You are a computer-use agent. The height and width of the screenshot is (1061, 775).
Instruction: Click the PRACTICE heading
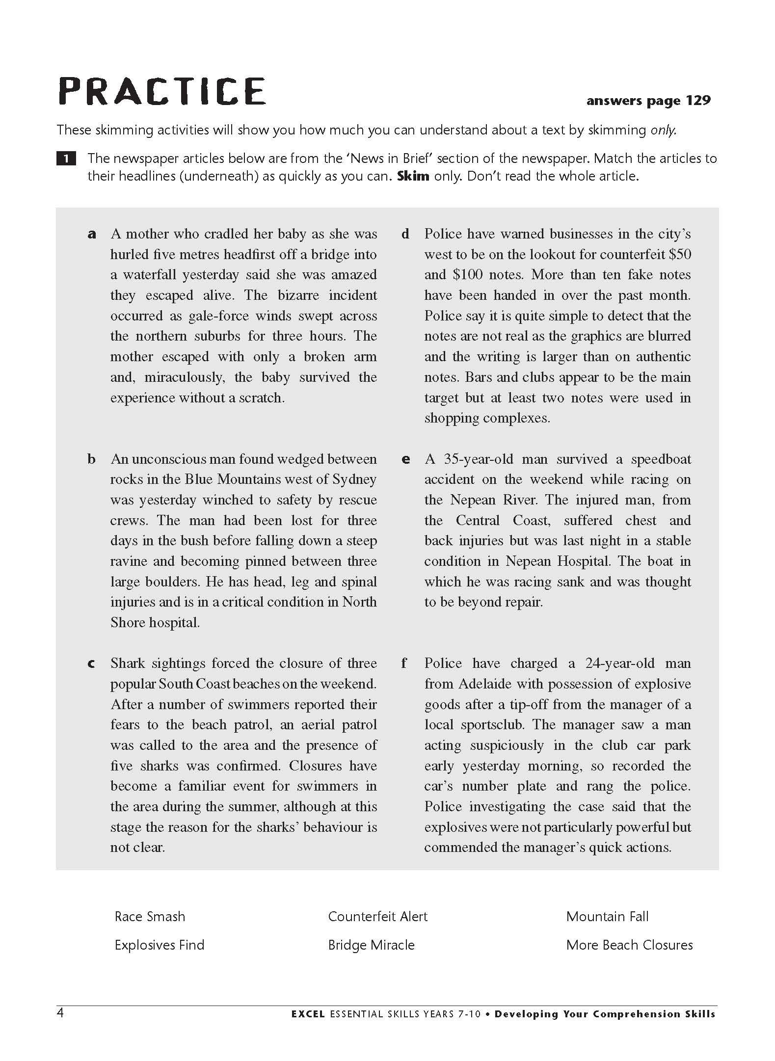pos(162,91)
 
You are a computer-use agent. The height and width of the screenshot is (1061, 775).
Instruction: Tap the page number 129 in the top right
pos(698,101)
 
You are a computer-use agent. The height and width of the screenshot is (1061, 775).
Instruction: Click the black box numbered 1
pos(66,159)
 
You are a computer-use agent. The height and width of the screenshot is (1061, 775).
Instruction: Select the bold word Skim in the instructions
pos(413,176)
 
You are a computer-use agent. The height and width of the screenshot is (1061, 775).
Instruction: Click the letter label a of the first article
pos(91,234)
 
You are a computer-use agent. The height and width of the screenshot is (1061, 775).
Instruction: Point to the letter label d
pos(405,234)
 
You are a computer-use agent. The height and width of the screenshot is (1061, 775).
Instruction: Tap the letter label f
pos(404,663)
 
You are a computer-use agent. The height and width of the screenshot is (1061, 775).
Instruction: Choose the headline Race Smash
pos(150,916)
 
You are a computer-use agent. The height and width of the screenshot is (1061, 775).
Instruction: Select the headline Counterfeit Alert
pos(377,916)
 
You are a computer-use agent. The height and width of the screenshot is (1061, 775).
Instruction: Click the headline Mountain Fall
pos(607,916)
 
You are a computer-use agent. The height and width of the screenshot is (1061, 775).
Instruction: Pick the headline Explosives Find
pos(159,945)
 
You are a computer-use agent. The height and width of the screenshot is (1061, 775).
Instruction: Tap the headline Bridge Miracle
pos(371,945)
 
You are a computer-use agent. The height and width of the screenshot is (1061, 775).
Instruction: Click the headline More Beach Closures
pos(629,945)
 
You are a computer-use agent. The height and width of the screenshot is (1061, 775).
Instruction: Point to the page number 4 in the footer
pos(60,1013)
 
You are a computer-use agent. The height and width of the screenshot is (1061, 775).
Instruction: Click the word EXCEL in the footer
pos(308,1014)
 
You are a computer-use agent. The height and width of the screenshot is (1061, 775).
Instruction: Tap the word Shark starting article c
pos(128,663)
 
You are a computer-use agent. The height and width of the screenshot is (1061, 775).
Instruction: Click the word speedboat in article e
pos(661,459)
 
